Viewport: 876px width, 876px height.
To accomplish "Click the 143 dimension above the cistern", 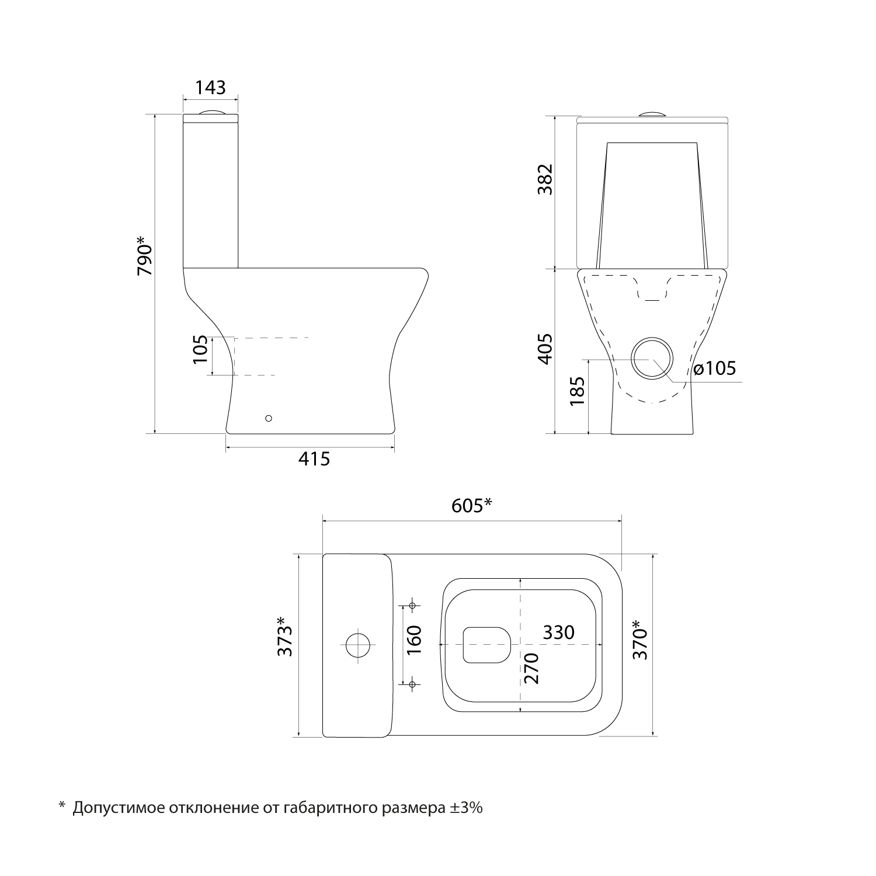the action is click(x=210, y=88).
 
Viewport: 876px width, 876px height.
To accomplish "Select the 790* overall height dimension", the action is click(x=144, y=256).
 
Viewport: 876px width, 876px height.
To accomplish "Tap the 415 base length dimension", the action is click(x=314, y=459).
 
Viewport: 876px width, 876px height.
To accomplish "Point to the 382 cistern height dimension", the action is click(x=545, y=180).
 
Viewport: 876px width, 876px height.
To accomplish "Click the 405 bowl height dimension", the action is click(x=545, y=349).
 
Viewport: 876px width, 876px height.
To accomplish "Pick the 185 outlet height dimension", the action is click(x=578, y=391).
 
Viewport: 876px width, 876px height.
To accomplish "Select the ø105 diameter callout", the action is click(x=715, y=369).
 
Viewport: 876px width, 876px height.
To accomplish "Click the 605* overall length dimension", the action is click(x=472, y=505).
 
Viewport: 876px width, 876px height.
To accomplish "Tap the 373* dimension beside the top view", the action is click(x=285, y=644).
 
